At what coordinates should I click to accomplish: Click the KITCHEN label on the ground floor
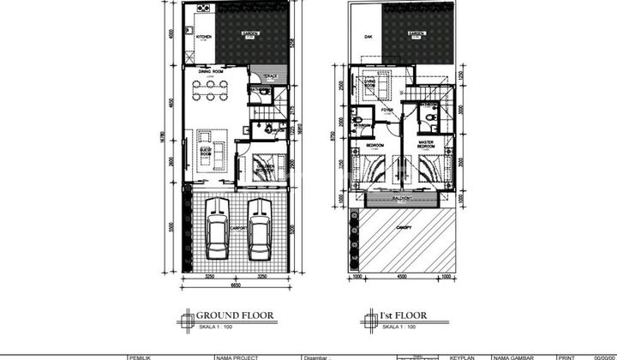[x=203, y=37]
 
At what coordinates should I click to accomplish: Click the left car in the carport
[x=218, y=228]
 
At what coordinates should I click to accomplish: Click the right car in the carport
[x=259, y=228]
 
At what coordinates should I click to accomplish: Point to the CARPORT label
[x=238, y=231]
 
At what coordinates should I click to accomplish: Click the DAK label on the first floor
[x=368, y=37]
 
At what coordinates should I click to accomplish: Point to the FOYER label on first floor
[x=386, y=110]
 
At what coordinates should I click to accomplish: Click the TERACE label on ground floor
[x=260, y=75]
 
